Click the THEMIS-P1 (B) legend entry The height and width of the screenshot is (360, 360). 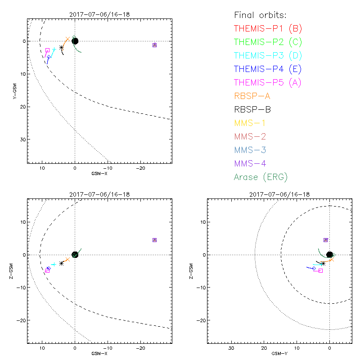tap(268, 29)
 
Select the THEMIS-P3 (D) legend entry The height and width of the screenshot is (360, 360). tap(268, 56)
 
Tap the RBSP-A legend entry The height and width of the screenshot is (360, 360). tap(252, 96)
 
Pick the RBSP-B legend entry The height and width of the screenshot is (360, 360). tap(252, 109)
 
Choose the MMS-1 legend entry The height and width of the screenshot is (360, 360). tap(250, 123)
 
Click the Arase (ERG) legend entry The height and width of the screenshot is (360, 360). tap(261, 177)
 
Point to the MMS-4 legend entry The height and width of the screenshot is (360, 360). tap(250, 163)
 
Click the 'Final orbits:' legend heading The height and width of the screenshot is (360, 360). tap(260, 15)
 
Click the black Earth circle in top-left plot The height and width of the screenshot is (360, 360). tap(75, 41)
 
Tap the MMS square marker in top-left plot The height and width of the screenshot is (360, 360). tap(154, 45)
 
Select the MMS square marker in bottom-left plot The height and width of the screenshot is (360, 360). tap(154, 240)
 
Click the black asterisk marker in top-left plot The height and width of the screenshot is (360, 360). tap(61, 47)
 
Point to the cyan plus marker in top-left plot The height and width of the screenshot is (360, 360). tap(54, 49)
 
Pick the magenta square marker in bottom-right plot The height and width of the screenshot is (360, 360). tap(320, 270)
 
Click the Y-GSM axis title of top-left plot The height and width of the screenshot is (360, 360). tap(14, 90)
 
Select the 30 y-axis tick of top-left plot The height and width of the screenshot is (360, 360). tap(22, 139)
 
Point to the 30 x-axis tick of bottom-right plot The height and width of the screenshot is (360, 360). tap(231, 348)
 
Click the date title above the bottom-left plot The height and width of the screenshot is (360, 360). tap(99, 194)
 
